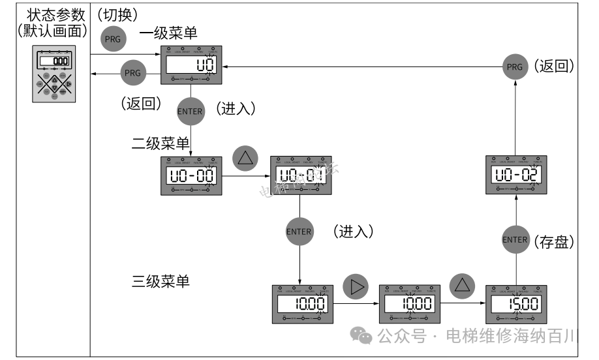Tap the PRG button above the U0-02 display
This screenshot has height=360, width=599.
(x=515, y=67)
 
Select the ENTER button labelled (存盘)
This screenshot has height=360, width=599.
(x=515, y=239)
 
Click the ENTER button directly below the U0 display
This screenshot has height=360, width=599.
(x=191, y=111)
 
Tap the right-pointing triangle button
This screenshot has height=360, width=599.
(x=355, y=286)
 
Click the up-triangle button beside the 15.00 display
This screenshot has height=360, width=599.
(x=462, y=286)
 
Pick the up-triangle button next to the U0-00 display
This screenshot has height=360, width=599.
(x=245, y=158)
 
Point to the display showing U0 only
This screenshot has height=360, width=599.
(x=191, y=65)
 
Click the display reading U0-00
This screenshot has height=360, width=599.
(x=191, y=175)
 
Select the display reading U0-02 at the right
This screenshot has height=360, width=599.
(x=515, y=175)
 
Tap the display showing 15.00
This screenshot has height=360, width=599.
(x=515, y=304)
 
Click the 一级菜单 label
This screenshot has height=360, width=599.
(x=168, y=32)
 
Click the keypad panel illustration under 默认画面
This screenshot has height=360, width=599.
(x=55, y=74)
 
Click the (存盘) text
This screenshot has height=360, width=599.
(x=554, y=243)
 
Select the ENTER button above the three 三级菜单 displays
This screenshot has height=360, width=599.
(x=299, y=231)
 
